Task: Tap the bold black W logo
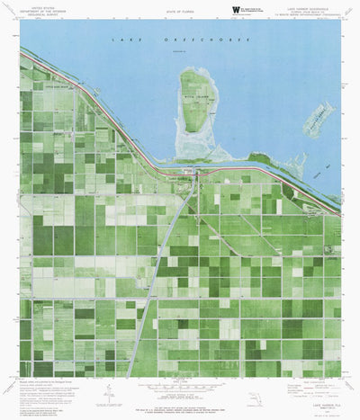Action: tap(237, 11)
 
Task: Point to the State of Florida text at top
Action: tap(180, 11)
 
